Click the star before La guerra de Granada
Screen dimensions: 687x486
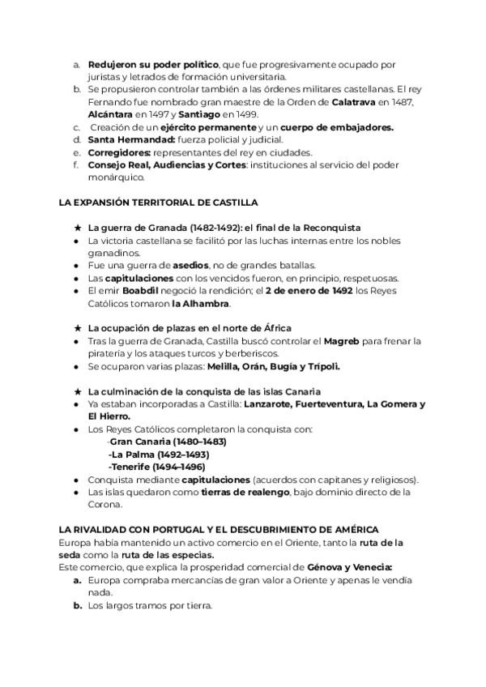(77, 228)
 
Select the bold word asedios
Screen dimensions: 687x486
(191, 266)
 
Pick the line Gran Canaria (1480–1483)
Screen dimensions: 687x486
(167, 442)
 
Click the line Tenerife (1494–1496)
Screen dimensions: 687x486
(156, 467)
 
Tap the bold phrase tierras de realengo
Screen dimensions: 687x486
(248, 492)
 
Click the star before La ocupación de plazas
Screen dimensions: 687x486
(77, 328)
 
